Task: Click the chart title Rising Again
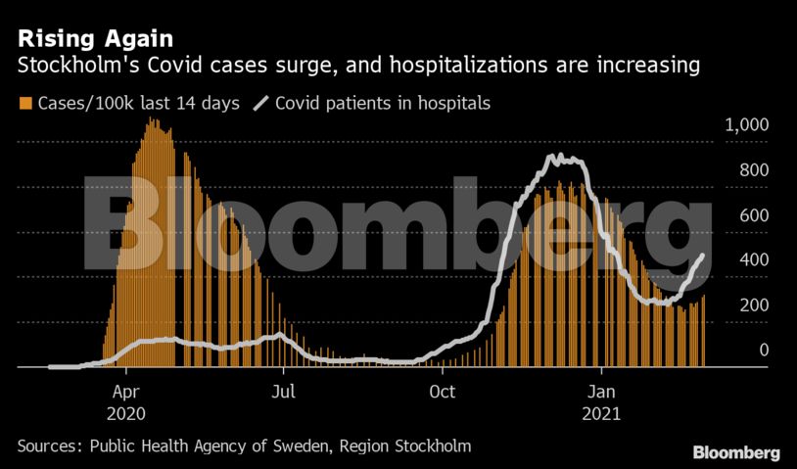click(x=95, y=39)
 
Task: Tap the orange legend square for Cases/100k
click(x=24, y=103)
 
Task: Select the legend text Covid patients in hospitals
click(x=383, y=103)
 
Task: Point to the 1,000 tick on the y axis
click(x=747, y=125)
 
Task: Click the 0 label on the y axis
click(x=765, y=351)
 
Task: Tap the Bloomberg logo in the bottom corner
click(x=736, y=453)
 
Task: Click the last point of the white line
click(x=702, y=256)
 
